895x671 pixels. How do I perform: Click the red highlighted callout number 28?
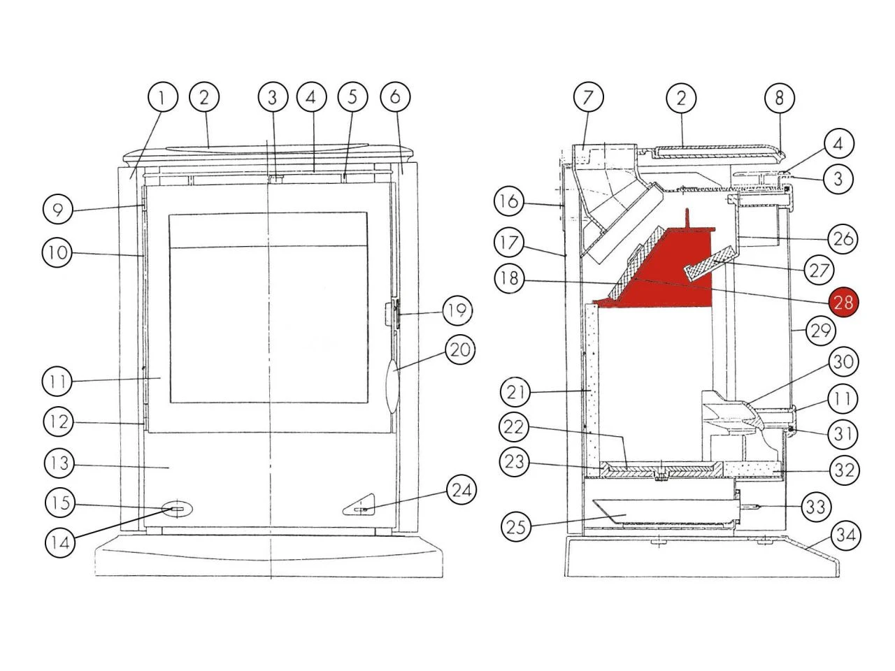(x=843, y=302)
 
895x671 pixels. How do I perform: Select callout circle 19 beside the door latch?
(x=457, y=310)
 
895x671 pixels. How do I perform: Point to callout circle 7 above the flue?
(x=588, y=97)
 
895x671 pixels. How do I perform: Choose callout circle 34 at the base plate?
(x=845, y=535)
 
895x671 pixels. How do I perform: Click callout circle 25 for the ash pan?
(x=516, y=526)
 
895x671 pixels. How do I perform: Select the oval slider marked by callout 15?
(x=177, y=510)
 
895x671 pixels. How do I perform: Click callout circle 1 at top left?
(x=162, y=97)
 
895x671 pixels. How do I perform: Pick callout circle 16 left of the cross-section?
(x=509, y=201)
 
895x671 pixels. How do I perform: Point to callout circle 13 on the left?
(x=59, y=463)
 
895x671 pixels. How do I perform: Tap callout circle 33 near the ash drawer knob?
(x=816, y=507)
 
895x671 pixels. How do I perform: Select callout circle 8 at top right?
(x=779, y=98)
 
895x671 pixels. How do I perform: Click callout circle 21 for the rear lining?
(x=515, y=392)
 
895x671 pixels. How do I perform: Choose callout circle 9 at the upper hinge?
(x=58, y=210)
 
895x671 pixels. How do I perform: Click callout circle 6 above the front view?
(x=395, y=96)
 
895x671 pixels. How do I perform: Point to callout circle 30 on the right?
(x=843, y=361)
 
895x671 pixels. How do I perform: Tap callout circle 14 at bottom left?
(x=60, y=542)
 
